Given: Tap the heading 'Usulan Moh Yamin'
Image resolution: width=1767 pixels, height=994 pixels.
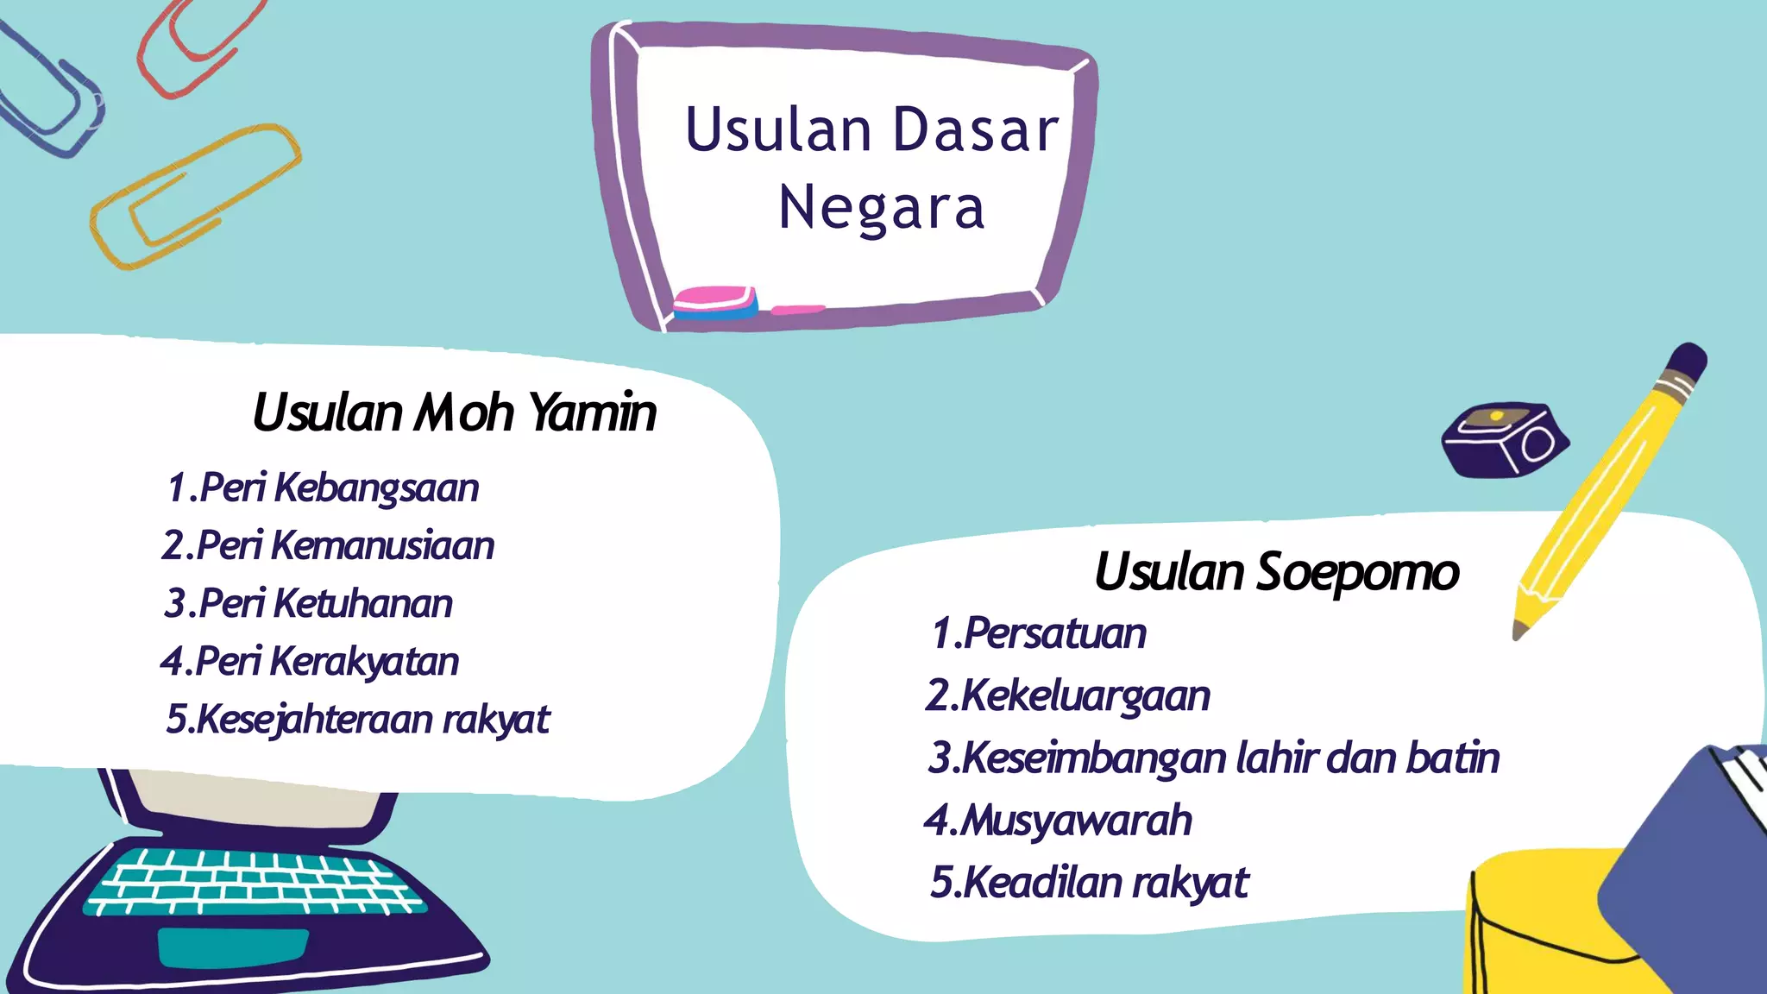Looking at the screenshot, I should point(455,412).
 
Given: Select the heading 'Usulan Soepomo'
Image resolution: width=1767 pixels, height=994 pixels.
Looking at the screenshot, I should point(1276,572).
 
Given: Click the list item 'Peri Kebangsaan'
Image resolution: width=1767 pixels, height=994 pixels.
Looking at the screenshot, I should point(323,488).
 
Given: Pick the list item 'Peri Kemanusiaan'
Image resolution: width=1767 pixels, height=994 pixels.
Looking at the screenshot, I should point(328,545).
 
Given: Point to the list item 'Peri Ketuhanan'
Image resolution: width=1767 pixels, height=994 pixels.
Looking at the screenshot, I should point(308,603).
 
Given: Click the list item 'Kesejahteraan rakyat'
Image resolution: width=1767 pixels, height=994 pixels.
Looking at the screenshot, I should point(357,720).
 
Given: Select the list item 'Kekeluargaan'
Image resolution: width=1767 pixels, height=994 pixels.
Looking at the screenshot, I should point(1067,695).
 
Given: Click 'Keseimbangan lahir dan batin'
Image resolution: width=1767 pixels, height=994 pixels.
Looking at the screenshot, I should point(1213,758).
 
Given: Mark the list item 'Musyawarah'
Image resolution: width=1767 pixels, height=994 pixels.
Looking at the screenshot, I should point(1058,820).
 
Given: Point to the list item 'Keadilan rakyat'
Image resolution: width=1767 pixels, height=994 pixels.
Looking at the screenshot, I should point(1089,882).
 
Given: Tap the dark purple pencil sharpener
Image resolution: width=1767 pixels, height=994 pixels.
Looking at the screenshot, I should point(1505,440).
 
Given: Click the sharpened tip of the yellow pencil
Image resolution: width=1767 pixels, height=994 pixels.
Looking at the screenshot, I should point(1519,632).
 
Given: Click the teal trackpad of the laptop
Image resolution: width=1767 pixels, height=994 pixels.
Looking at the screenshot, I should point(233,947).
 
